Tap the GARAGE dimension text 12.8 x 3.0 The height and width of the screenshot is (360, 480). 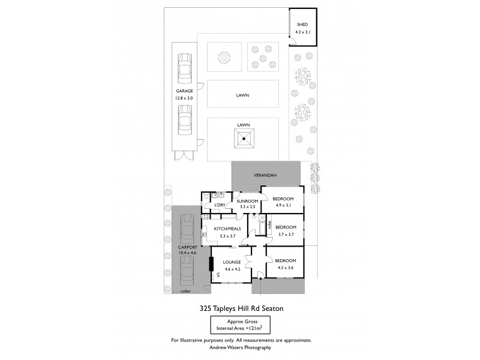[x=184, y=97]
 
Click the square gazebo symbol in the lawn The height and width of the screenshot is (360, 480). [x=244, y=139]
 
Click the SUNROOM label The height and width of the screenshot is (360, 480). [x=247, y=201]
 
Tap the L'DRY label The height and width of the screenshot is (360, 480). [x=220, y=206]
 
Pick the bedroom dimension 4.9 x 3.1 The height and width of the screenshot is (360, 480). [x=283, y=205]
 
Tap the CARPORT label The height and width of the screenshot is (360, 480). [x=187, y=247]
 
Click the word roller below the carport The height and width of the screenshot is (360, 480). [x=185, y=291]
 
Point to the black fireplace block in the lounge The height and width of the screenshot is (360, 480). [x=211, y=264]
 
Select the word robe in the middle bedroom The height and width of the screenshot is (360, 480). [x=270, y=227]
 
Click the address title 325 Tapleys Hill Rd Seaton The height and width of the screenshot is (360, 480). [x=241, y=308]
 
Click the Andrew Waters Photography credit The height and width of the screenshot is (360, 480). [x=241, y=347]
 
